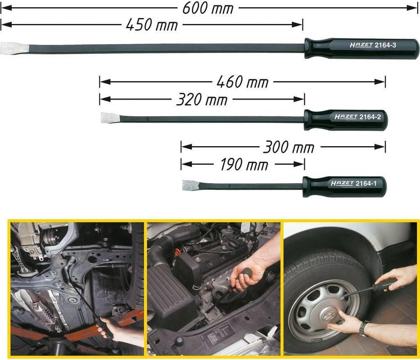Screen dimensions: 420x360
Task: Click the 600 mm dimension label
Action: pyautogui.click(x=208, y=8)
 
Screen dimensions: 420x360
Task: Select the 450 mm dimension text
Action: pyautogui.click(x=152, y=25)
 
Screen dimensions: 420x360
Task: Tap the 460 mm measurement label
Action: pyautogui.click(x=242, y=82)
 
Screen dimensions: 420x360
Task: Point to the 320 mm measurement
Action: pyautogui.click(x=202, y=100)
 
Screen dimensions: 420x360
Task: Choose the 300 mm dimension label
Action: pyautogui.click(x=289, y=147)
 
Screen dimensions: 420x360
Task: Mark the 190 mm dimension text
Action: pyautogui.click(x=244, y=165)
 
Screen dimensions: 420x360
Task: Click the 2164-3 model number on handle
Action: pyautogui.click(x=385, y=45)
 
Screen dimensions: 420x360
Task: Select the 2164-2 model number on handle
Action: pyautogui.click(x=370, y=117)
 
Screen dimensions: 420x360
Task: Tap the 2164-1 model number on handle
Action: pyautogui.click(x=366, y=184)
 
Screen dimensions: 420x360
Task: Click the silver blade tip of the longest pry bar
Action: pyautogui.click(x=14, y=48)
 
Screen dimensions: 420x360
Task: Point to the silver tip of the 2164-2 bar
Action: pyautogui.click(x=110, y=118)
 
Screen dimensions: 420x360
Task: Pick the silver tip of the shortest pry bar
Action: pyautogui.click(x=191, y=185)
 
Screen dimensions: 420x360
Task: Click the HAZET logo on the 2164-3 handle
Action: pyautogui.click(x=361, y=45)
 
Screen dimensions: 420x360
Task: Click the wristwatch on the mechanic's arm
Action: pyautogui.click(x=363, y=328)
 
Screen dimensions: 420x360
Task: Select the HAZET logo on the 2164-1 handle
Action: pyautogui.click(x=342, y=184)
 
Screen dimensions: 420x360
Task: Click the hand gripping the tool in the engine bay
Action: pyautogui.click(x=246, y=276)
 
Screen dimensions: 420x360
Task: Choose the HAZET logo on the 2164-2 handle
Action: pyautogui.click(x=346, y=117)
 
